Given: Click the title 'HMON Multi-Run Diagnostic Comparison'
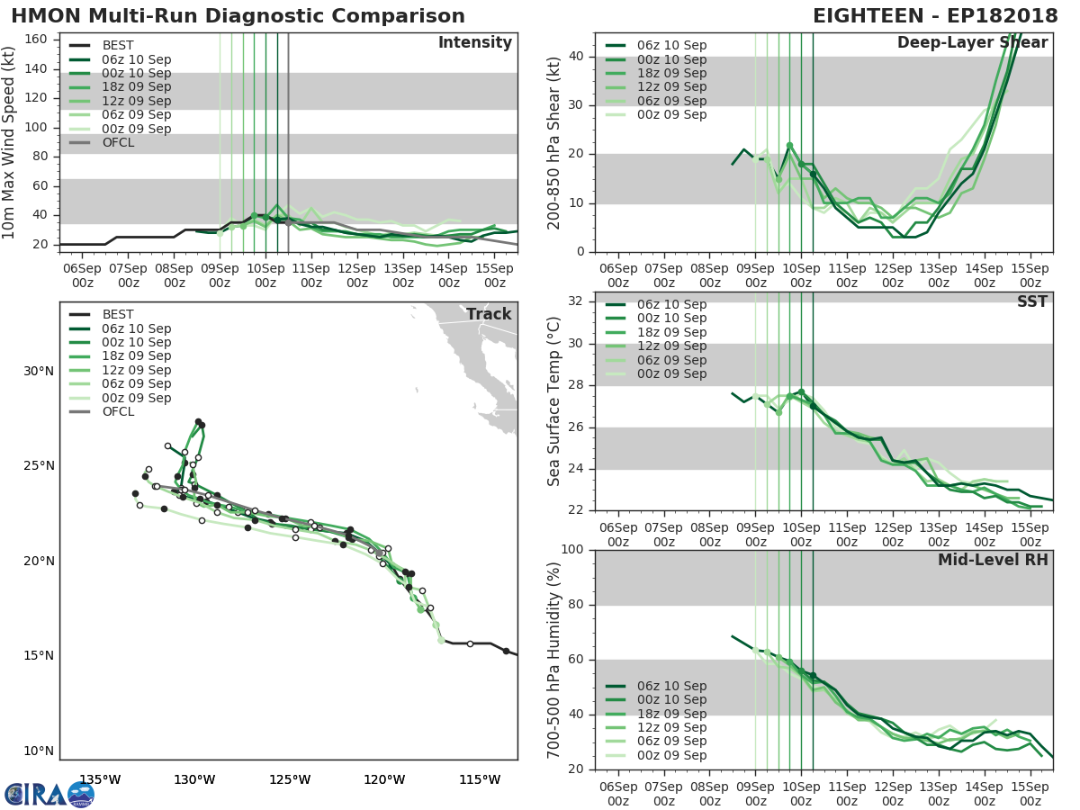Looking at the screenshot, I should (238, 16).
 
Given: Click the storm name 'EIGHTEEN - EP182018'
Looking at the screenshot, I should (931, 16).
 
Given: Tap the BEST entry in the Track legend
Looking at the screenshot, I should (118, 314).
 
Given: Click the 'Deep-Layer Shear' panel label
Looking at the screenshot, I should (972, 43).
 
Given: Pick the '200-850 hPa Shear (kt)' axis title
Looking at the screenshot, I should (554, 142).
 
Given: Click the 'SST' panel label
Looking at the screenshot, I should (1033, 302).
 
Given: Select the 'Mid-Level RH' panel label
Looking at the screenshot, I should (993, 560).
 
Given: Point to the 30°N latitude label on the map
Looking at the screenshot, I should (39, 371).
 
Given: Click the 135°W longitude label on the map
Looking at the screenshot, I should (100, 778).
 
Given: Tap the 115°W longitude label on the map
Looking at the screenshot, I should (480, 778).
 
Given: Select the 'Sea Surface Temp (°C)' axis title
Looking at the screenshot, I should (554, 401).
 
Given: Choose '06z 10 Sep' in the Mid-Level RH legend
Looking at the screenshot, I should (671, 686).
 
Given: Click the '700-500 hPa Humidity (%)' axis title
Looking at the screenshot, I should (554, 659).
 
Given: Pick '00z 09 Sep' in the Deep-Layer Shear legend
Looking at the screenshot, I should (671, 115).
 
